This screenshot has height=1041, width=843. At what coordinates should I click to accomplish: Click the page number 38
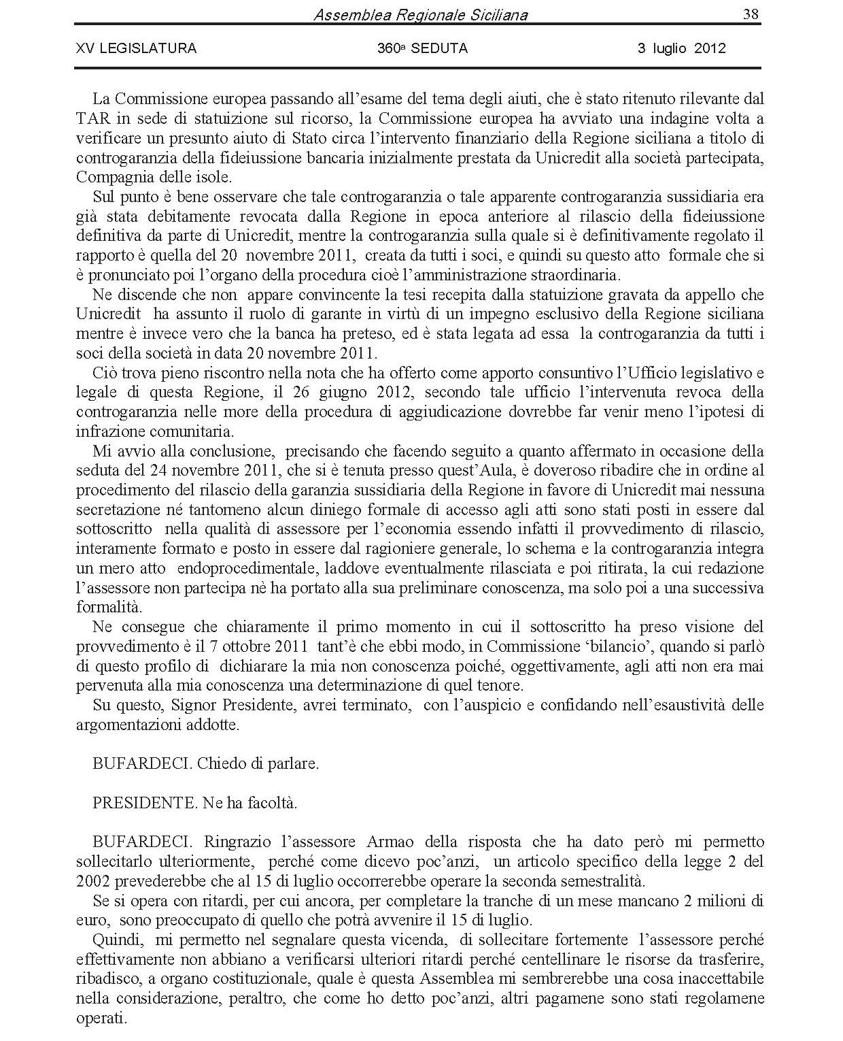pos(751,14)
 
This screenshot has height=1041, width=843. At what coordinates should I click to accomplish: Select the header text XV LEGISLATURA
pos(136,48)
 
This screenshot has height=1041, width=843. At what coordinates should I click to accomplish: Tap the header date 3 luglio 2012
pos(681,48)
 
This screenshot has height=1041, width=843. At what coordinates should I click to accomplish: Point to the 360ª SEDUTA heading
pos(422,48)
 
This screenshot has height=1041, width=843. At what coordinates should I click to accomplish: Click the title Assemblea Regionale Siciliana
pos(420,15)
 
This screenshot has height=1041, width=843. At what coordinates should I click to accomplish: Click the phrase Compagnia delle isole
pos(154,178)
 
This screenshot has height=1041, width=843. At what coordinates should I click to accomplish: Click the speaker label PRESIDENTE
pos(144,803)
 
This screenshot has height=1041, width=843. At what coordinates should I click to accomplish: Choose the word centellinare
pos(564,960)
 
